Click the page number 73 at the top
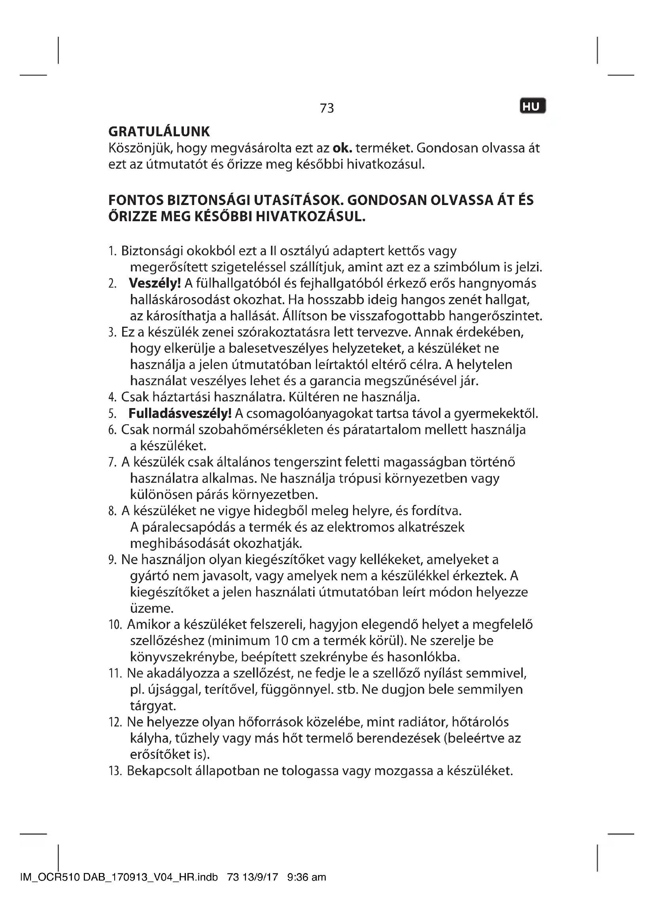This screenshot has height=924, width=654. pyautogui.click(x=327, y=108)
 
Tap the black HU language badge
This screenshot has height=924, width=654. pyautogui.click(x=532, y=107)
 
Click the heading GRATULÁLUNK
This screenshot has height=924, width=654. pyautogui.click(x=159, y=132)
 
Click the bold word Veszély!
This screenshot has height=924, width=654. pyautogui.click(x=155, y=283)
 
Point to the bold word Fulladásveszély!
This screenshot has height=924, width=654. pyautogui.click(x=180, y=413)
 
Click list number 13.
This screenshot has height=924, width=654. pyautogui.click(x=115, y=771)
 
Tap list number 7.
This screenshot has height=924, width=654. pyautogui.click(x=112, y=462)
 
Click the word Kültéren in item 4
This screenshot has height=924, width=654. pyautogui.click(x=313, y=397)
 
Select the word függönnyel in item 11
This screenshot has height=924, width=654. pyautogui.click(x=297, y=689)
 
